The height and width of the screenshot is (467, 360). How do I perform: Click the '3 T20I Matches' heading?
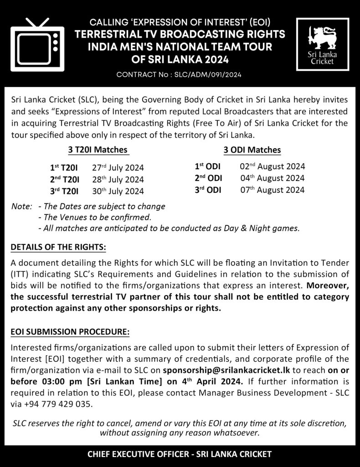tap(94, 150)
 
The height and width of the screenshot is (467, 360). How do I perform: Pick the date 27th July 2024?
tap(118, 168)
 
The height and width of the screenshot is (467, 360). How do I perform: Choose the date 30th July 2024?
tap(118, 191)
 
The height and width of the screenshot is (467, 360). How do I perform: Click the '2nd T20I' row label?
tap(65, 180)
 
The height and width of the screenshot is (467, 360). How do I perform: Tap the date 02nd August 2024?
tap(272, 166)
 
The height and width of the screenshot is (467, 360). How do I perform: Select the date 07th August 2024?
tap(272, 190)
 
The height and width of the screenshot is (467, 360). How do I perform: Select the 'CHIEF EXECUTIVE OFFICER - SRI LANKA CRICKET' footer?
tap(180, 454)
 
